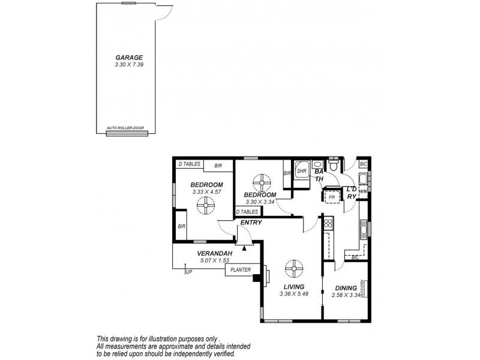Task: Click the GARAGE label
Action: (129, 58)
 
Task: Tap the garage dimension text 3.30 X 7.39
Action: (129, 64)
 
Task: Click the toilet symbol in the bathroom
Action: (334, 163)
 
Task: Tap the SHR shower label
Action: (302, 171)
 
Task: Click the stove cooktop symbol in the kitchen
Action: (328, 224)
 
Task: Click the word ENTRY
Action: (251, 223)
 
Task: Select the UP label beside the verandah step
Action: (189, 273)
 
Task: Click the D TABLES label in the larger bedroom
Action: (189, 164)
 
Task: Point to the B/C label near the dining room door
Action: (355, 258)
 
